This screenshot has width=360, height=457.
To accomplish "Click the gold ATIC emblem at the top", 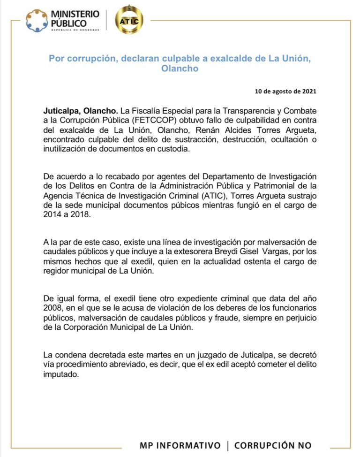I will click(129, 19).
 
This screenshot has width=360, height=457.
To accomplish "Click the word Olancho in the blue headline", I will click(180, 69).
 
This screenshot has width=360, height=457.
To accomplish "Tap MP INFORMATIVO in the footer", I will click(180, 445).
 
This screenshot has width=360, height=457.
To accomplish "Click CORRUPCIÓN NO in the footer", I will click(273, 445).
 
